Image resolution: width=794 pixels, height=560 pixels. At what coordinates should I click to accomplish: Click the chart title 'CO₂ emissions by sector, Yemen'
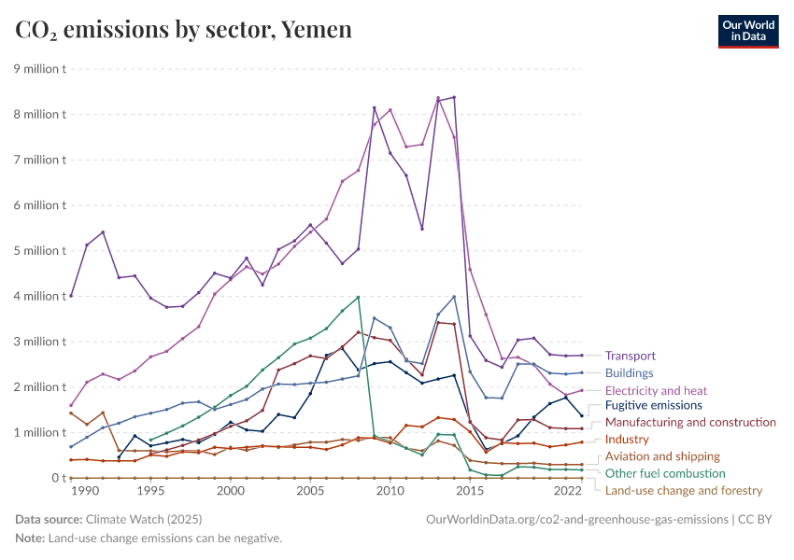click(184, 30)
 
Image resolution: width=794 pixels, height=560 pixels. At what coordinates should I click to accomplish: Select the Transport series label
click(630, 356)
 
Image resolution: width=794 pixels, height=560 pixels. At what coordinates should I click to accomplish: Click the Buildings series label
click(630, 372)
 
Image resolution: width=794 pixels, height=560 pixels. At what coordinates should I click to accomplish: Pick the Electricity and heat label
click(656, 390)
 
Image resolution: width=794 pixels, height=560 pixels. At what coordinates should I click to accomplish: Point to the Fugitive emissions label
click(653, 405)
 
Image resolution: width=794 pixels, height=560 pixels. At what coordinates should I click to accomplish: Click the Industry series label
click(627, 439)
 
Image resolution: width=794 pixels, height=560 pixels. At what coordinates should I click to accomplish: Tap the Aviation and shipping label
click(662, 456)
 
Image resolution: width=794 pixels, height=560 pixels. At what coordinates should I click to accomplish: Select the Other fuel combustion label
click(664, 473)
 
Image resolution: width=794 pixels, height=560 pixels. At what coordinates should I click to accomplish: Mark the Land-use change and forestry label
click(684, 490)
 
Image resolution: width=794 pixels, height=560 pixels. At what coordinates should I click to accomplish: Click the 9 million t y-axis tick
click(38, 68)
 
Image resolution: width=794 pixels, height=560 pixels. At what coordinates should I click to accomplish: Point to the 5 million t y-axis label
click(38, 250)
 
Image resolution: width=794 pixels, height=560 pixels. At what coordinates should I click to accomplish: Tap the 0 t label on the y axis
click(58, 478)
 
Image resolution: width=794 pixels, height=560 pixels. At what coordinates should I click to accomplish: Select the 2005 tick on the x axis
click(310, 491)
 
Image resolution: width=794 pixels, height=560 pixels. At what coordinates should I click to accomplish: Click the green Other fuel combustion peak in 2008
click(359, 297)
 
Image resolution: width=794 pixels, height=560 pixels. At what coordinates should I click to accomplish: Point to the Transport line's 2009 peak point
click(375, 107)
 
